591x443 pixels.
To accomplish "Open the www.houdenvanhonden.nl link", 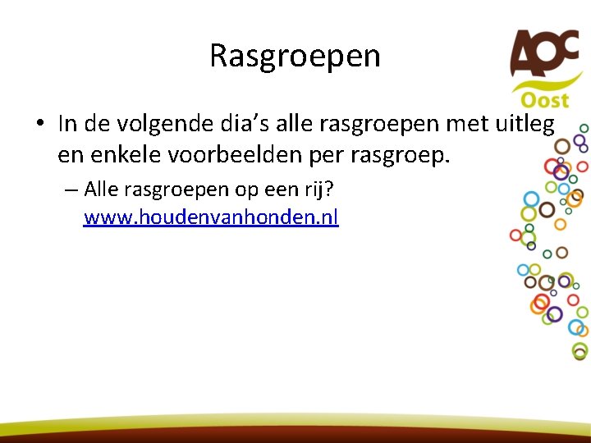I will pyautogui.click(x=211, y=218).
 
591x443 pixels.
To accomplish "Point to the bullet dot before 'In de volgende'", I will pyautogui.click(x=39, y=124).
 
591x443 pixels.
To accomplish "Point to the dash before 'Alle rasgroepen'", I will pyautogui.click(x=70, y=190).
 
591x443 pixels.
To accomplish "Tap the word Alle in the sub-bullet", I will pyautogui.click(x=102, y=190).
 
